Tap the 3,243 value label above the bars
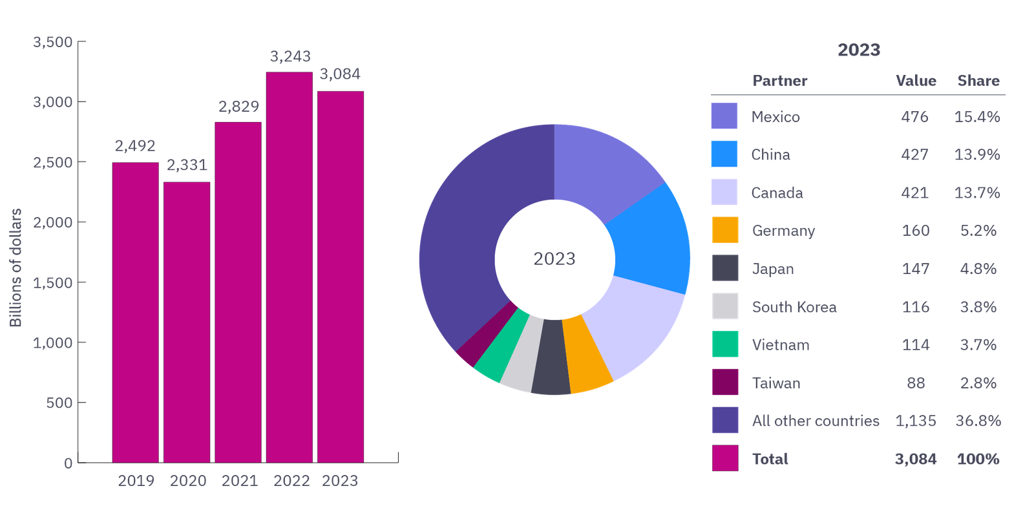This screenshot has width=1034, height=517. point(290,57)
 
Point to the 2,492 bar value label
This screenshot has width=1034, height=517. point(135,146)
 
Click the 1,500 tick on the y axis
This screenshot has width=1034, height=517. point(53,282)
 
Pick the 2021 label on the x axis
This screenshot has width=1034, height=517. point(240,481)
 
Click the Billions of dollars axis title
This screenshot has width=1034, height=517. point(16,268)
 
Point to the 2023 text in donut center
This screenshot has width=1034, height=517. point(554,258)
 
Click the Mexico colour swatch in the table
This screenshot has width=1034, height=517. point(724,116)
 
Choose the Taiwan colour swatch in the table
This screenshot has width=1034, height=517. point(725,383)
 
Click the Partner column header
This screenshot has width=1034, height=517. point(780,81)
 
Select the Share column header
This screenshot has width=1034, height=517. point(978,81)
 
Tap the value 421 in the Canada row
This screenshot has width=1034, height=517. point(914,193)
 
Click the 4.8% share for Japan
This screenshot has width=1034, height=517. point(978,269)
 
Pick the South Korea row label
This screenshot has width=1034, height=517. point(794,307)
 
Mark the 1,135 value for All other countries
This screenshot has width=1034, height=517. point(916,421)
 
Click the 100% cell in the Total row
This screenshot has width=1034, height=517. point(978,459)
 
